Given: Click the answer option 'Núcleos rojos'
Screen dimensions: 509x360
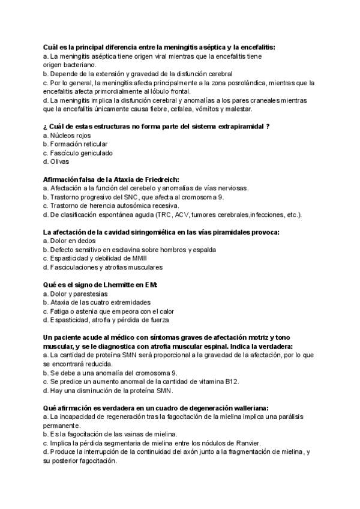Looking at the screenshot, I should click(71, 136).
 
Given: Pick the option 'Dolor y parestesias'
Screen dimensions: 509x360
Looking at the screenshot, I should click(79, 294).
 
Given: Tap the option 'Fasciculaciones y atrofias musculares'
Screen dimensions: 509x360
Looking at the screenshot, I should click(106, 267).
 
